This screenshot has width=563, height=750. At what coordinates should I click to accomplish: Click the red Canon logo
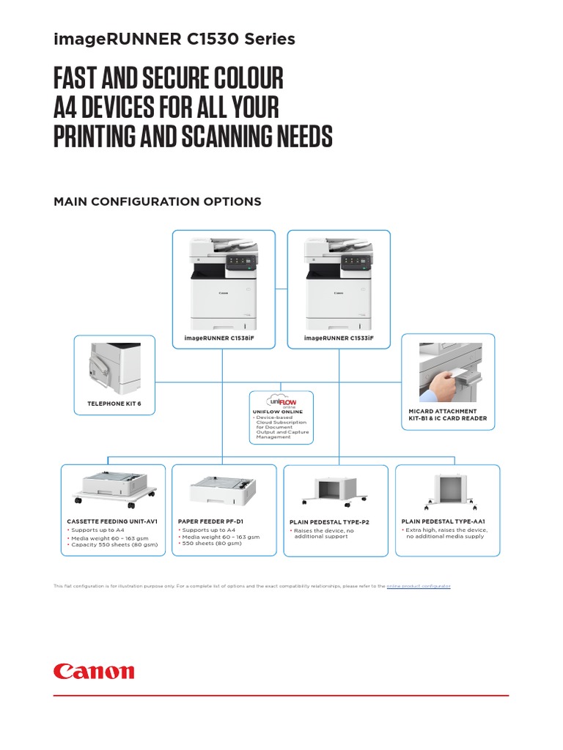point(94,671)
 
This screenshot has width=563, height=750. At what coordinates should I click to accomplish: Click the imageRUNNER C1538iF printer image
point(224,282)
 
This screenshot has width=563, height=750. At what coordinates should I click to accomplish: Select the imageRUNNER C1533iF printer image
point(339,282)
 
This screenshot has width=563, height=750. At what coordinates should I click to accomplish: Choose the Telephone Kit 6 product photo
point(114,364)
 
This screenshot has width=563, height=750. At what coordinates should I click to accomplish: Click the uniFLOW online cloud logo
point(281,401)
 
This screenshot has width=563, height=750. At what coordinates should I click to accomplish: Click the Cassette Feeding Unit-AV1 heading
point(112,521)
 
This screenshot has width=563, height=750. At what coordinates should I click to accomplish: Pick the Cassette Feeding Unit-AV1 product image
point(116,488)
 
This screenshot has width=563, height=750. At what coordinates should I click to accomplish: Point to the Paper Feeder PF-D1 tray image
point(223,489)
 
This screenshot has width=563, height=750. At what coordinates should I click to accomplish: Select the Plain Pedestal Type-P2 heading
point(329,522)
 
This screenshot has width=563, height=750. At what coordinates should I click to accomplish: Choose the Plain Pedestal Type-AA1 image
point(447,489)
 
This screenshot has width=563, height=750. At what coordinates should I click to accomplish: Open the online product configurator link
point(419,587)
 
